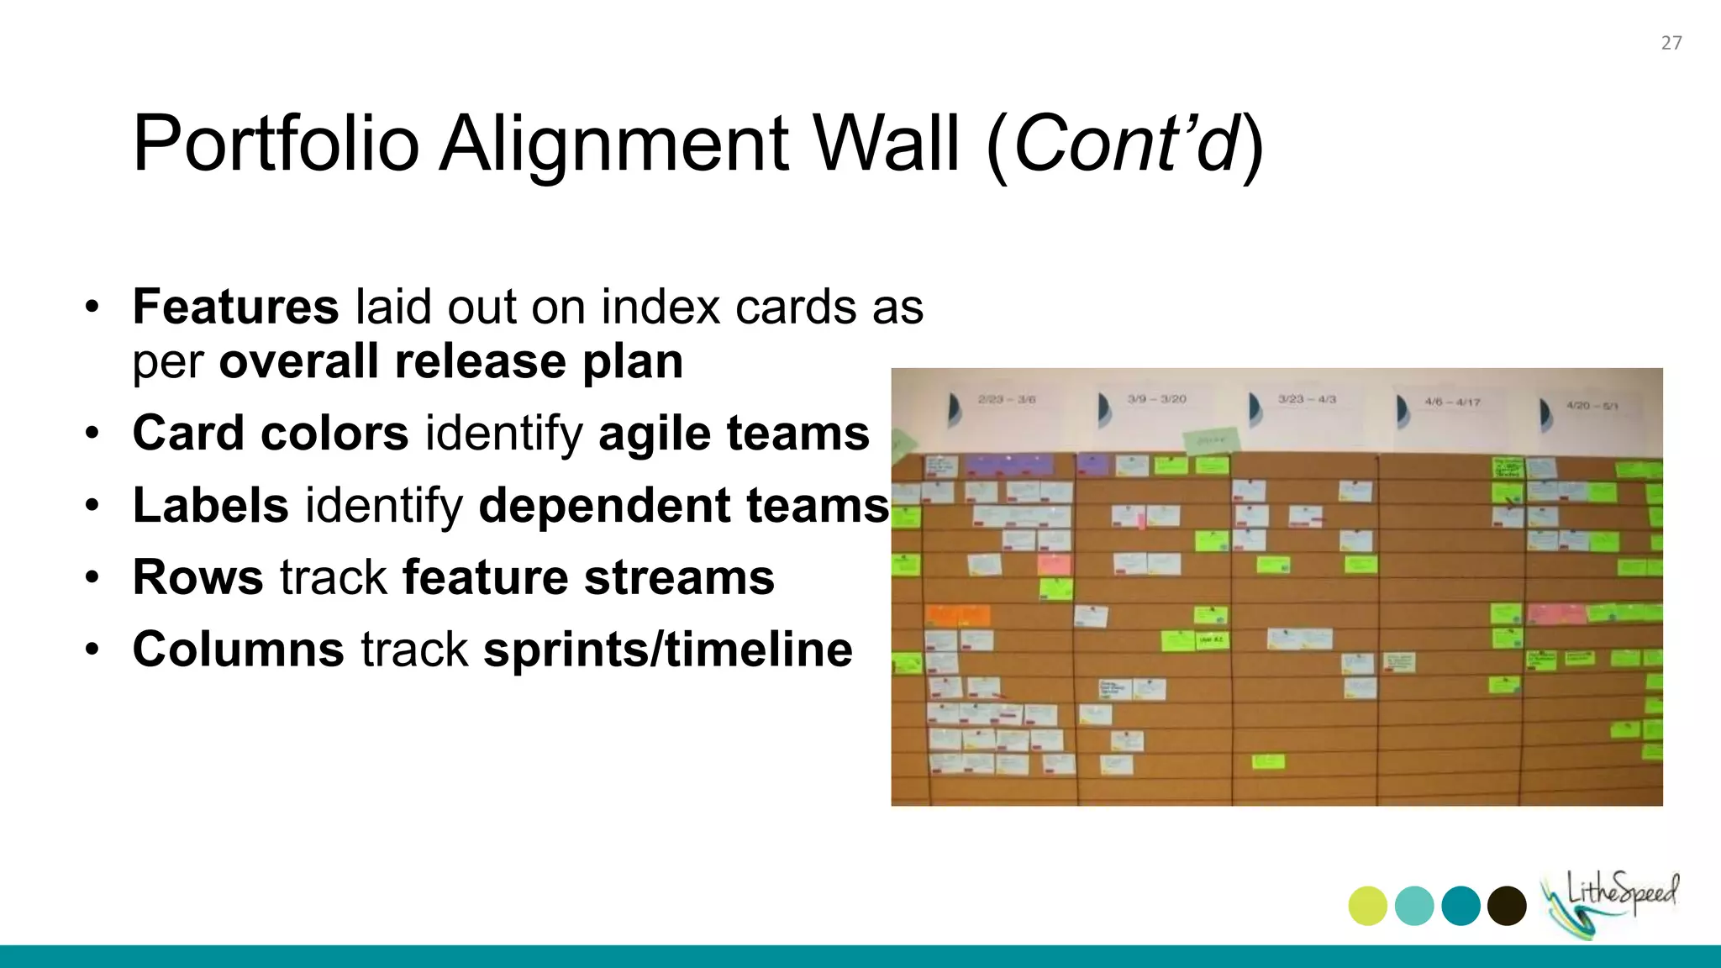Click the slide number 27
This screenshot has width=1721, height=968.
[1671, 43]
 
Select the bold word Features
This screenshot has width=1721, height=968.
[235, 307]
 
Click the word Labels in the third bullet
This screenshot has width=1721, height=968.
[211, 505]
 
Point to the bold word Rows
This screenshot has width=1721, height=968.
[198, 577]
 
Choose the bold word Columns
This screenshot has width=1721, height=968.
[239, 650]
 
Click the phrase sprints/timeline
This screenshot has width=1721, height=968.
[668, 650]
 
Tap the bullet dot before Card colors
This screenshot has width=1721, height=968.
[92, 434]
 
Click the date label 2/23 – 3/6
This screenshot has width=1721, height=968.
[1007, 400]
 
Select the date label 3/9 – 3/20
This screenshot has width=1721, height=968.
[1157, 399]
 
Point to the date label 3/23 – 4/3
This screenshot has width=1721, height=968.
[1307, 399]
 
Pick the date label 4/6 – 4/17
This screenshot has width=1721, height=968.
[1452, 402]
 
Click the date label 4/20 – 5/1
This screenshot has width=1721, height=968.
[1592, 405]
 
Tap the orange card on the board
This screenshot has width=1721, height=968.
[957, 615]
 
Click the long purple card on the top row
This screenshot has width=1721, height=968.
[1008, 464]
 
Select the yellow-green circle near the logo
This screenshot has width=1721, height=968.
[1367, 906]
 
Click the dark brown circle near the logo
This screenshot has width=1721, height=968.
[1507, 906]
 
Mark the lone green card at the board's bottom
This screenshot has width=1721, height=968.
[1268, 762]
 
